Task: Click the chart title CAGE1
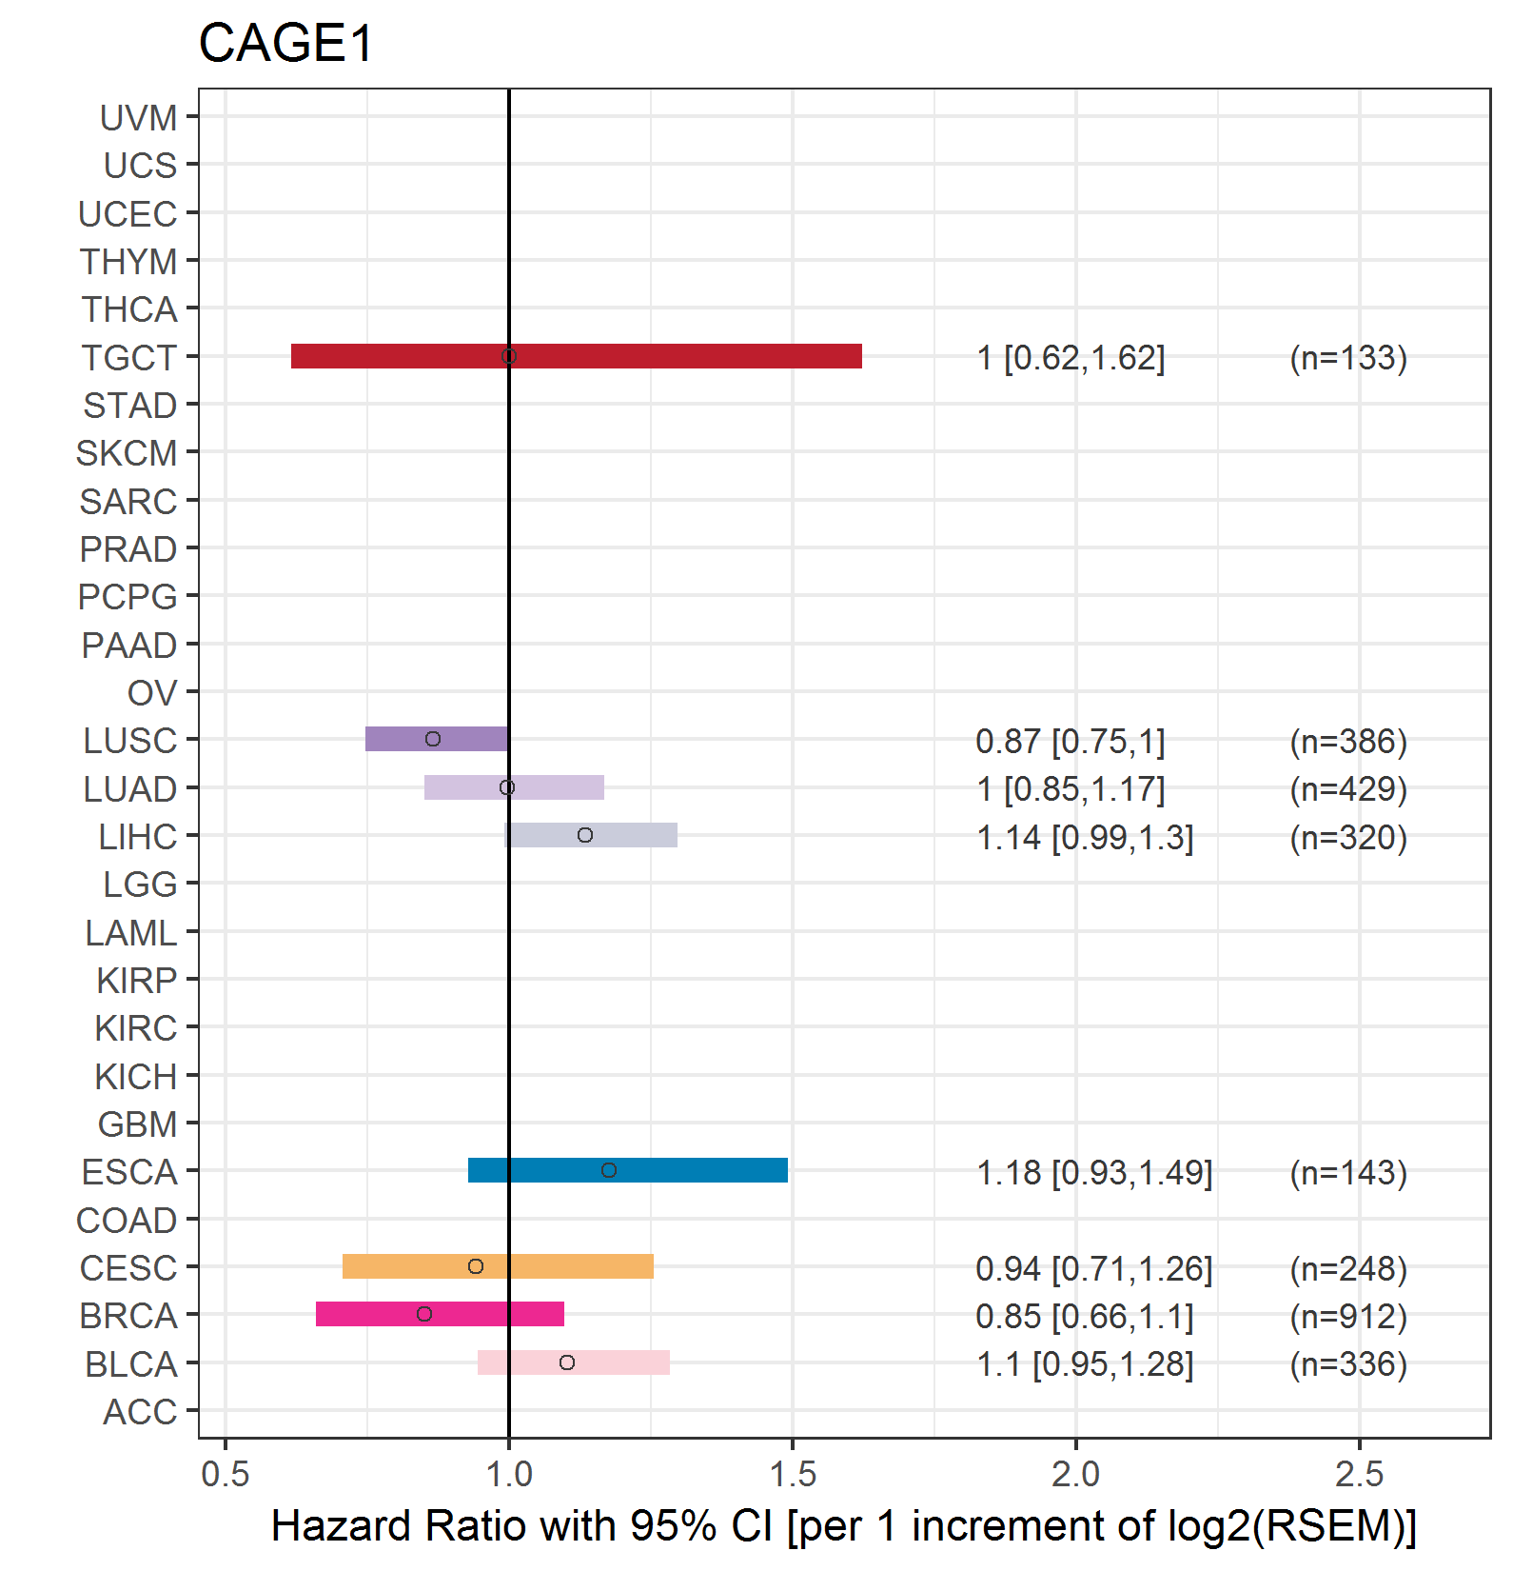coord(286,44)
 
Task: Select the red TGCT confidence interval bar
coord(577,356)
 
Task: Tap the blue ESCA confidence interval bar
coord(628,1170)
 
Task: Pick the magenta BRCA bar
coord(440,1314)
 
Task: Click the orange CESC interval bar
coord(498,1266)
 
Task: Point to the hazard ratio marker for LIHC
coord(585,835)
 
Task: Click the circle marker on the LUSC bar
coord(433,739)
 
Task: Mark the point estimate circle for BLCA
coord(567,1362)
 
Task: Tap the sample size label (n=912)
coord(1348,1316)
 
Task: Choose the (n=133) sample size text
coord(1348,358)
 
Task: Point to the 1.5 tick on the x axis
coord(793,1474)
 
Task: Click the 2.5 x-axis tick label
coord(1360,1474)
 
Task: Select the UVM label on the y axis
coord(139,118)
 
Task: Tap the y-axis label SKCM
coord(127,453)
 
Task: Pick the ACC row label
coord(140,1412)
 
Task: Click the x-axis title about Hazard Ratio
coord(844,1526)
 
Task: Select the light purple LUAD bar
coord(514,787)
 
